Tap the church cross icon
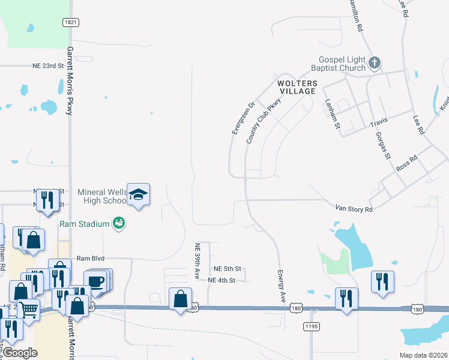tap(374, 62)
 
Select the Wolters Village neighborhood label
tap(296, 86)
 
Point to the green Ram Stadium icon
tap(119, 223)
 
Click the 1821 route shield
tap(71, 22)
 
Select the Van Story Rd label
tap(354, 209)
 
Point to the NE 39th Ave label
tap(197, 261)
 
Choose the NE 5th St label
tap(228, 269)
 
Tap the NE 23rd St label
tap(48, 66)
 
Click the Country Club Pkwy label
tap(264, 121)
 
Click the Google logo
tap(20, 353)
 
